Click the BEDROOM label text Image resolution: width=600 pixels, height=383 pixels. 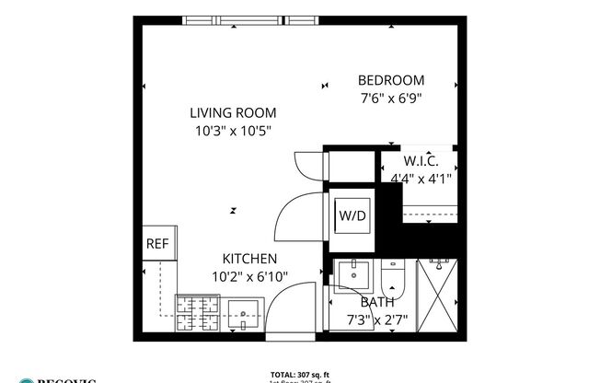click(390, 79)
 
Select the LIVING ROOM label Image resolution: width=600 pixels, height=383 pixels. click(233, 113)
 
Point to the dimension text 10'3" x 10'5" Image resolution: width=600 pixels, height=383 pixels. click(233, 131)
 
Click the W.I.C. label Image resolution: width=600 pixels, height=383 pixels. click(421, 162)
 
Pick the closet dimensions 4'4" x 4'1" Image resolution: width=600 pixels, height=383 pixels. click(421, 179)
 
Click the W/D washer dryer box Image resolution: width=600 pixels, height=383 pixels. click(352, 216)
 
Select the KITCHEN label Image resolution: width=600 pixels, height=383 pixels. click(249, 259)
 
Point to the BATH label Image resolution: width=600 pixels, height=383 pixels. click(377, 302)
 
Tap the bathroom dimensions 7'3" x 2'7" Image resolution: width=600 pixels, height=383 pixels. click(377, 319)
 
